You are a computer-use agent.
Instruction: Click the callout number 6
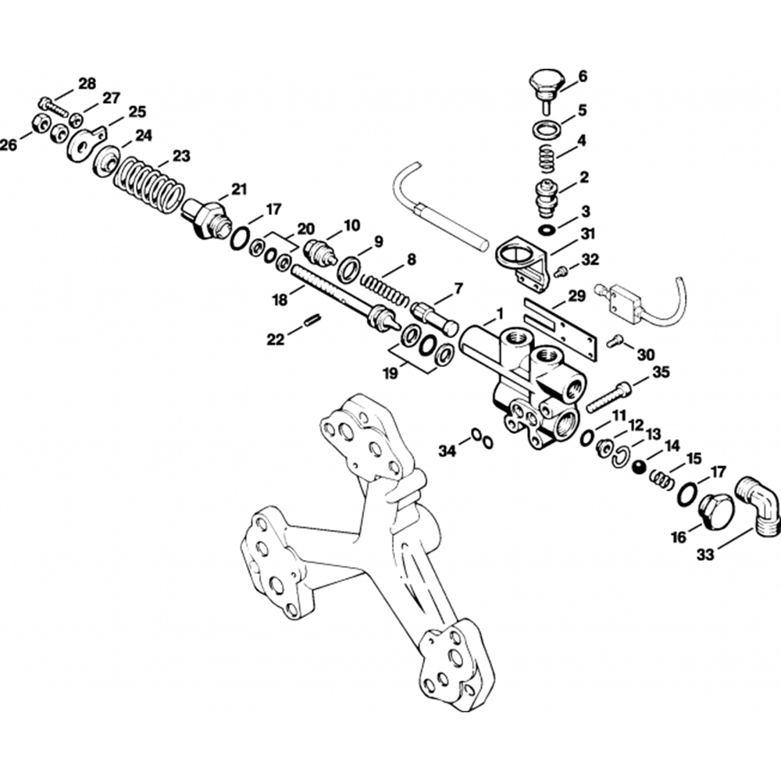[582, 77]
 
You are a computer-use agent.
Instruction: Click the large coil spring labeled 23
[150, 185]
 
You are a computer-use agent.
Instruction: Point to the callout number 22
[276, 339]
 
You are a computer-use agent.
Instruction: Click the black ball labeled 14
[638, 466]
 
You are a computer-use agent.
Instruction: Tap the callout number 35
[661, 372]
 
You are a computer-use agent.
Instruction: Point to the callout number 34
[446, 451]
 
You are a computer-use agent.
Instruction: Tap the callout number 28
[87, 84]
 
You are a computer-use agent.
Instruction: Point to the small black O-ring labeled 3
[549, 230]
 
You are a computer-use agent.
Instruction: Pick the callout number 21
[238, 188]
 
